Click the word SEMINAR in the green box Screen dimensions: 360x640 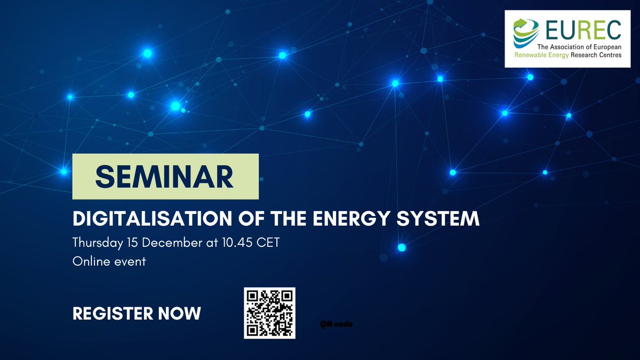[165, 177]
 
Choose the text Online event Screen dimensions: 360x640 [109, 262]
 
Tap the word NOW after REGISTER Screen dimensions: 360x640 [179, 314]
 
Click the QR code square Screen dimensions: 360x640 [269, 313]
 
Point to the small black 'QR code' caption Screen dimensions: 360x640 [337, 324]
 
